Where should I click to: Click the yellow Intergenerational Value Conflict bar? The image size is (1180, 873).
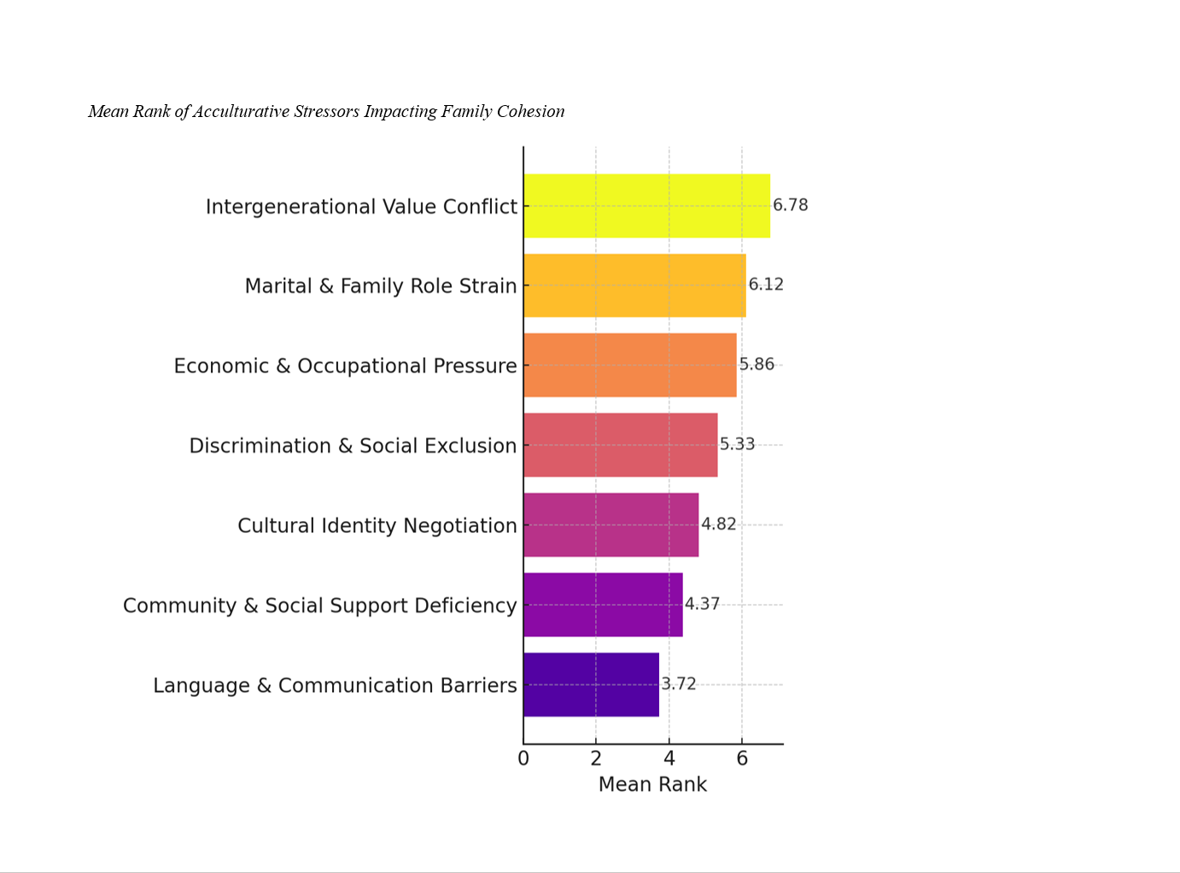[646, 206]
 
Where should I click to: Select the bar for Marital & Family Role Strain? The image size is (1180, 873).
[634, 285]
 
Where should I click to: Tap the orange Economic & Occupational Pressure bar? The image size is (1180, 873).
[629, 365]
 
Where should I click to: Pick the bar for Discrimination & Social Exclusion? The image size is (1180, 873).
[620, 445]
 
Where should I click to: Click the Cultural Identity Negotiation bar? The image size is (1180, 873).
[610, 524]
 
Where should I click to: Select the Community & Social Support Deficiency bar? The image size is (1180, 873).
[603, 605]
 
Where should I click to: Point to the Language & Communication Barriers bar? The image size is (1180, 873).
[591, 684]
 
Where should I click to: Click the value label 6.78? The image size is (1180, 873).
[791, 205]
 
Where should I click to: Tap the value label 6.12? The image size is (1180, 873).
[766, 284]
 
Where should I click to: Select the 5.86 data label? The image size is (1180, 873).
[756, 365]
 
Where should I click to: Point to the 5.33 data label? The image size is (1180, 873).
[737, 444]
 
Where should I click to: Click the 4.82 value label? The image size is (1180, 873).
[718, 524]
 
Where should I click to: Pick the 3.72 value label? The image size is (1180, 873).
[679, 684]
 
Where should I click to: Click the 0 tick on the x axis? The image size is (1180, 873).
[523, 759]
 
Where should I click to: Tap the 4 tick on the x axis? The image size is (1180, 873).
[669, 759]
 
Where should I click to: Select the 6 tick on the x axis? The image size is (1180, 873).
[742, 759]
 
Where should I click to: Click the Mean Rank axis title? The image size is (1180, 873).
[652, 784]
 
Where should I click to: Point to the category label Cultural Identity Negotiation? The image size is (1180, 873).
[377, 525]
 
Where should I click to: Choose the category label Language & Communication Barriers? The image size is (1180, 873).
[335, 685]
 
